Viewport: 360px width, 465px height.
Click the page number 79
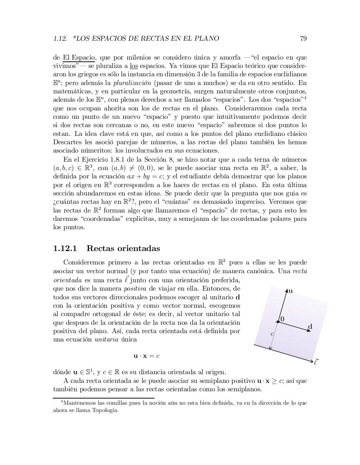(x=303, y=39)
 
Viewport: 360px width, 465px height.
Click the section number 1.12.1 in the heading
(x=65, y=249)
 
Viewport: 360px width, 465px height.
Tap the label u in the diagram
(x=291, y=291)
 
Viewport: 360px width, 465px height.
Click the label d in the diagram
(x=310, y=327)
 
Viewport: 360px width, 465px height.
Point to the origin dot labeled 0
(x=278, y=322)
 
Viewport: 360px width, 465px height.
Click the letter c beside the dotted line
(x=272, y=334)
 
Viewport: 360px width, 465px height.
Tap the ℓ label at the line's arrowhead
(x=316, y=362)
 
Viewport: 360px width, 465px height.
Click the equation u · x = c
(x=146, y=356)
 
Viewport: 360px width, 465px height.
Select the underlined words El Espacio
(x=79, y=57)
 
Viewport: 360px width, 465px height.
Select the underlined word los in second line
(x=133, y=66)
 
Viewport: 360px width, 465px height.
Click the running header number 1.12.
(x=60, y=39)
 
